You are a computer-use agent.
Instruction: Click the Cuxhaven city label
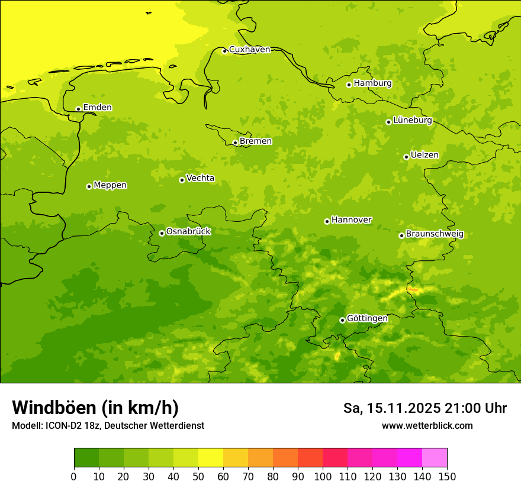[249, 50]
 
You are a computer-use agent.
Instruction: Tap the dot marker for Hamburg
[349, 85]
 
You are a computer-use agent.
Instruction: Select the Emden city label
[97, 108]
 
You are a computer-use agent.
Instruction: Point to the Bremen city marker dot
[235, 143]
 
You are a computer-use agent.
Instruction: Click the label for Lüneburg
[413, 121]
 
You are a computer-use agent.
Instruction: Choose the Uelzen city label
[424, 156]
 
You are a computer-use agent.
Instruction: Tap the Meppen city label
[110, 186]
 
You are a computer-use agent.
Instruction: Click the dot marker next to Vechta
[182, 180]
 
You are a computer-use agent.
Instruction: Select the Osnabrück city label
[188, 232]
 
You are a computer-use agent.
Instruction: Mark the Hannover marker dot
[327, 221]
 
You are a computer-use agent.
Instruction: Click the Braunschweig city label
[435, 234]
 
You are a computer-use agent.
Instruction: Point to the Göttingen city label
[367, 319]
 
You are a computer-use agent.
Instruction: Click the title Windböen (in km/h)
[95, 408]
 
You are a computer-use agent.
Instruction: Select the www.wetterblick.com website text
[427, 425]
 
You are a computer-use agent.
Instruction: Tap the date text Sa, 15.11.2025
[391, 408]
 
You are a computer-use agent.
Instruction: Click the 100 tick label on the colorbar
[323, 476]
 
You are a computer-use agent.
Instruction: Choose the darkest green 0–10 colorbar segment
[86, 457]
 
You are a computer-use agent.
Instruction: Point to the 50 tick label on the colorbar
[198, 476]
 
